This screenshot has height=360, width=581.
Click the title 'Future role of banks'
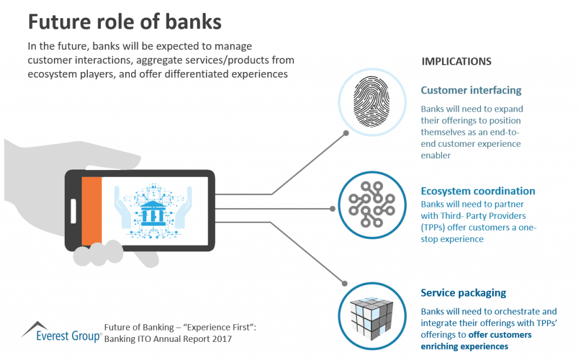coord(124,22)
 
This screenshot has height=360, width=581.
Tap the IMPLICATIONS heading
coord(456,61)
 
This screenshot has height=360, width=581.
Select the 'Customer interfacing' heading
coord(471,90)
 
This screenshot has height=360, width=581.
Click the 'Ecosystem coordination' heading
coord(478,190)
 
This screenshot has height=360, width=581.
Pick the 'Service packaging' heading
coord(463,293)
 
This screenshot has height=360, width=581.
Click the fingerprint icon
coord(372,101)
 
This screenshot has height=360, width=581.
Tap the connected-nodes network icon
coord(372,205)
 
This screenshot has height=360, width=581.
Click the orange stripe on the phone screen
coord(91,211)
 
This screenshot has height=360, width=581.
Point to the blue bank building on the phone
coord(153,213)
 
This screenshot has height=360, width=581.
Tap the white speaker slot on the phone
coord(73,211)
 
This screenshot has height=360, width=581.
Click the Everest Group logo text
coord(68,336)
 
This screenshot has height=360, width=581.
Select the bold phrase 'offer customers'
coord(500,335)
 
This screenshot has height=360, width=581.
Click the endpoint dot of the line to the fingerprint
coord(346,133)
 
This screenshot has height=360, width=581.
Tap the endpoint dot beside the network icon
coord(332,209)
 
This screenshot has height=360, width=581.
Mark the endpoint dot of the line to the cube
coord(344,283)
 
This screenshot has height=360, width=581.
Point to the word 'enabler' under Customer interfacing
coord(436,155)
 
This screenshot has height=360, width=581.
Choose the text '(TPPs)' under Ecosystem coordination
coord(433,227)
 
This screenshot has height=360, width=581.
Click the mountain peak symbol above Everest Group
coord(35,328)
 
